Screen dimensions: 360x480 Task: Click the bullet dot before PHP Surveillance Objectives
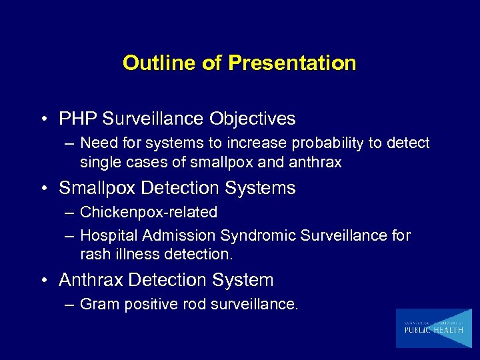(43, 119)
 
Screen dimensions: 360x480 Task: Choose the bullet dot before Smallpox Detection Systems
(43, 189)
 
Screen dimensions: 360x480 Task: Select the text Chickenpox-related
(148, 213)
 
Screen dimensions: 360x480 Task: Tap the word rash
(94, 254)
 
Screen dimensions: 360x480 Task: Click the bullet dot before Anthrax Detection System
(43, 281)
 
